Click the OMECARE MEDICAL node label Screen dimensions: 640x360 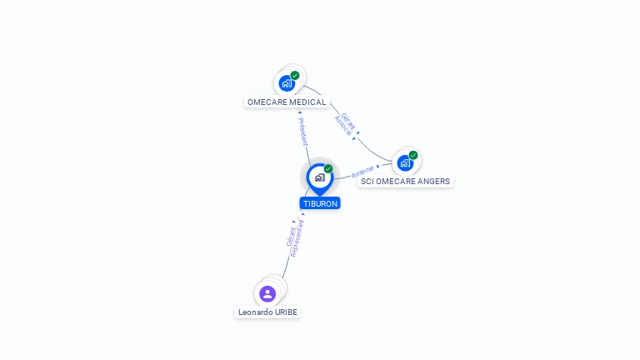click(287, 102)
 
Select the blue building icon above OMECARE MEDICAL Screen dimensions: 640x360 click(286, 83)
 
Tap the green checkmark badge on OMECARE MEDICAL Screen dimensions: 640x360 click(295, 76)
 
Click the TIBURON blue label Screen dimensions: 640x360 click(320, 203)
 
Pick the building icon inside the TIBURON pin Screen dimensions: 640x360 click(319, 177)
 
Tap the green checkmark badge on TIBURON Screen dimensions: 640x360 click(328, 169)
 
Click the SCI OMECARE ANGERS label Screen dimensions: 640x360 click(405, 181)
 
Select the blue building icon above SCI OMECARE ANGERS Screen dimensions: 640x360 click(405, 162)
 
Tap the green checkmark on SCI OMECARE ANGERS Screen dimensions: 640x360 click(413, 155)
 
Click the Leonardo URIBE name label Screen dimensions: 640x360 click(267, 312)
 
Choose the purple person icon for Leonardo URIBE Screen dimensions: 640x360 click(267, 293)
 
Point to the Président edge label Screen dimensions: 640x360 click(303, 132)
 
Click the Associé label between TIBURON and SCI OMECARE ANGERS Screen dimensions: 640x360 click(362, 173)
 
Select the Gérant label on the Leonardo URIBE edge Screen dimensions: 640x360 click(290, 236)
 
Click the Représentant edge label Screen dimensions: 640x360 click(297, 238)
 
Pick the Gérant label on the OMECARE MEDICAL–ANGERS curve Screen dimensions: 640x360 click(348, 119)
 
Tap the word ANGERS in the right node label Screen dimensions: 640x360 click(433, 181)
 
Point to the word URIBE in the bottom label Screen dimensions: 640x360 click(286, 312)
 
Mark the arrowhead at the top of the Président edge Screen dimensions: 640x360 click(300, 112)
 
